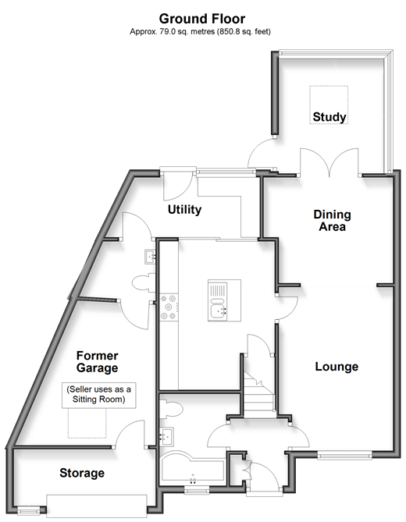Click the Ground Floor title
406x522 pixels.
202,19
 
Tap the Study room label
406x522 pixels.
329,117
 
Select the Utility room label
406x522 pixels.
184,210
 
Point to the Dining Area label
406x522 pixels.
332,221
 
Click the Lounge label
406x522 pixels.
337,367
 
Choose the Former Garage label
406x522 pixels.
98,362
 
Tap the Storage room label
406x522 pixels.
82,473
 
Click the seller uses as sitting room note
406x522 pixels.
98,395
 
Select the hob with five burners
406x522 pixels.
169,307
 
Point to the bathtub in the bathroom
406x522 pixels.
193,467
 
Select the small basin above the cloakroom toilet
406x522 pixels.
150,257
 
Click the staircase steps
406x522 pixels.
259,395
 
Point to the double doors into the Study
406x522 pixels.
329,162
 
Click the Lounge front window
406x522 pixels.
344,455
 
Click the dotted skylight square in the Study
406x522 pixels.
329,105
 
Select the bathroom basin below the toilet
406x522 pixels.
166,436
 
